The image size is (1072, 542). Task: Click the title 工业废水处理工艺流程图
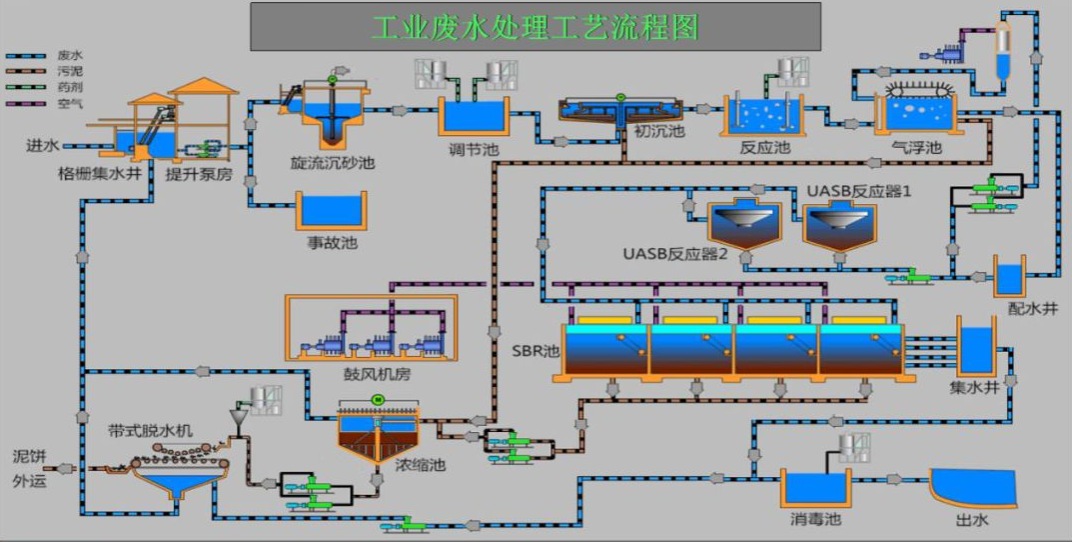(535, 27)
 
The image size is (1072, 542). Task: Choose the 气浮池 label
(916, 148)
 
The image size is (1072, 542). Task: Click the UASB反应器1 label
(860, 190)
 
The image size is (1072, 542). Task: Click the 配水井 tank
(1009, 276)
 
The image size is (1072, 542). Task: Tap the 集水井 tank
(975, 347)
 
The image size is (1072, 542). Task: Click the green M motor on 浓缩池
(379, 400)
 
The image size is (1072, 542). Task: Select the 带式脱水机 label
(150, 431)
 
